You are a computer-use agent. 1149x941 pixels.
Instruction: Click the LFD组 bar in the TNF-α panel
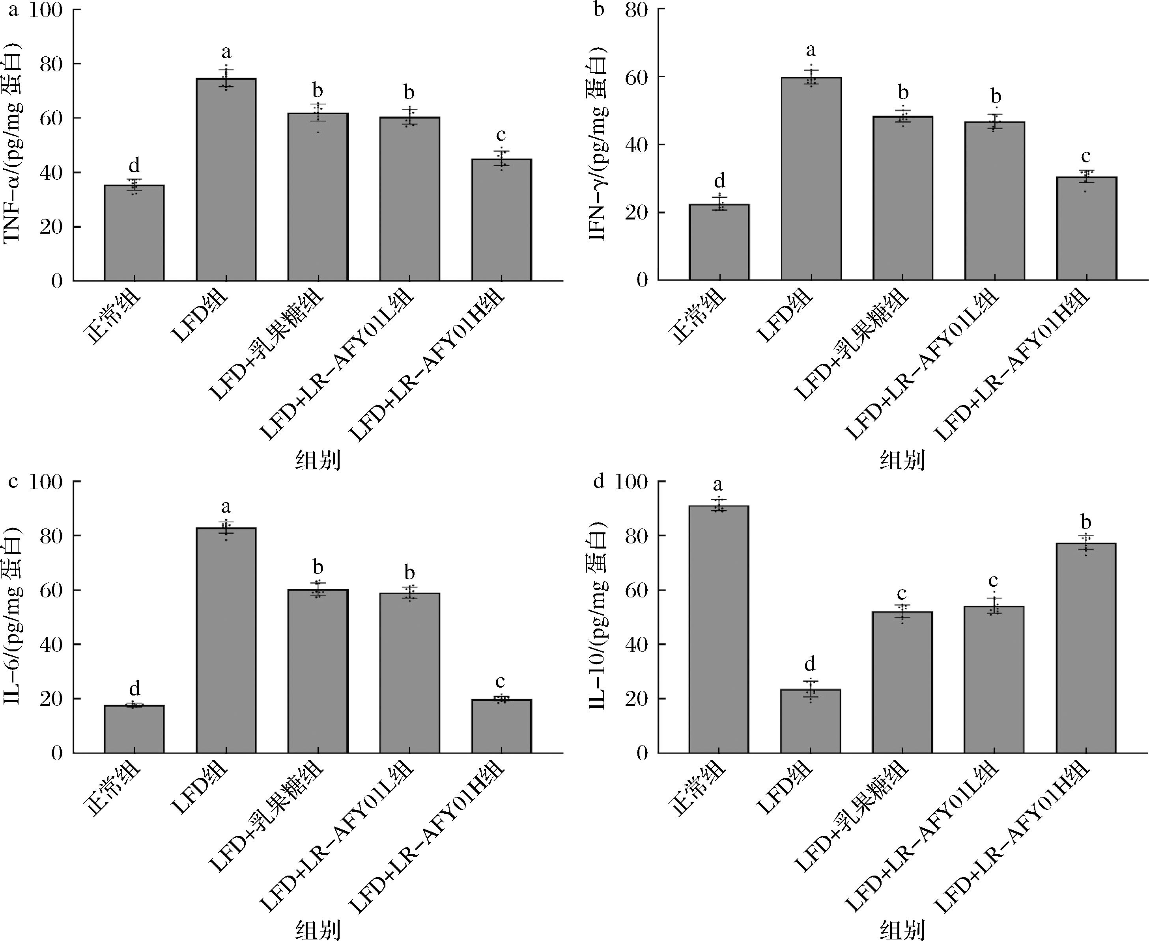(x=226, y=179)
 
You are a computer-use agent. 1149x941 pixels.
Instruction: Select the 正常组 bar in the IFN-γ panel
(x=719, y=242)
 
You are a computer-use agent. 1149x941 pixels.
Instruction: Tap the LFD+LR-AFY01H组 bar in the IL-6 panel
(x=501, y=726)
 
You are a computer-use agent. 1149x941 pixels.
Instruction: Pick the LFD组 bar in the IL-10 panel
(x=811, y=722)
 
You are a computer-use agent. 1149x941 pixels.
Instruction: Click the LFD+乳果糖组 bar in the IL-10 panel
(x=902, y=683)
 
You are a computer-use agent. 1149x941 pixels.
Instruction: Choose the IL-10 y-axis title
(x=598, y=617)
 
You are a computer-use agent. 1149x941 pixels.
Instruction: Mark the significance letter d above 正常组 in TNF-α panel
(x=134, y=165)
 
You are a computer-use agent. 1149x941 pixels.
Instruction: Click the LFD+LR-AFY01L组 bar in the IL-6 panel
(x=409, y=673)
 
